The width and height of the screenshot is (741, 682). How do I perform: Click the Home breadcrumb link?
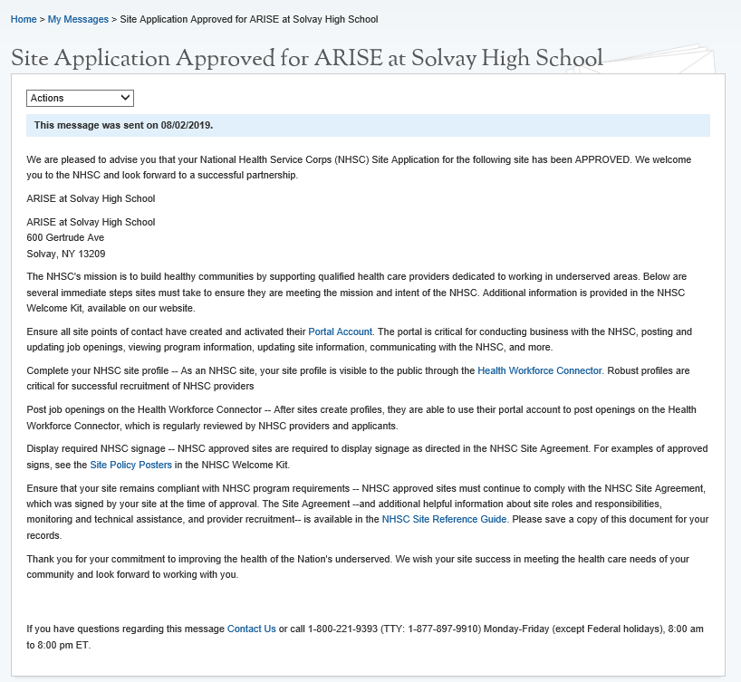[24, 19]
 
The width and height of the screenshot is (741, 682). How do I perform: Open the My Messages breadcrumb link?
[78, 19]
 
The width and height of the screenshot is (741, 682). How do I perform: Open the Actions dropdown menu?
[81, 98]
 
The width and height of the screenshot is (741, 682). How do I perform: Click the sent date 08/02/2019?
[186, 125]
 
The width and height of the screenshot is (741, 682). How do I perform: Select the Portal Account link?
[341, 331]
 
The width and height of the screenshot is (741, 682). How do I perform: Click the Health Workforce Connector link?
[540, 370]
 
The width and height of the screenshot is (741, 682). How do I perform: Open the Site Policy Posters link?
[130, 465]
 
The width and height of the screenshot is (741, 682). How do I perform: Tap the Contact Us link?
[252, 628]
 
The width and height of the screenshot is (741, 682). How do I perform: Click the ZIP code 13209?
[91, 254]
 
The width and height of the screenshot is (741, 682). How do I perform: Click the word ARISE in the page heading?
[346, 59]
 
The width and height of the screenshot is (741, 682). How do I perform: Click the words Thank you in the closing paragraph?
[48, 559]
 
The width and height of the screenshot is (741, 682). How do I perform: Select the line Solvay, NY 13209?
[66, 254]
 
